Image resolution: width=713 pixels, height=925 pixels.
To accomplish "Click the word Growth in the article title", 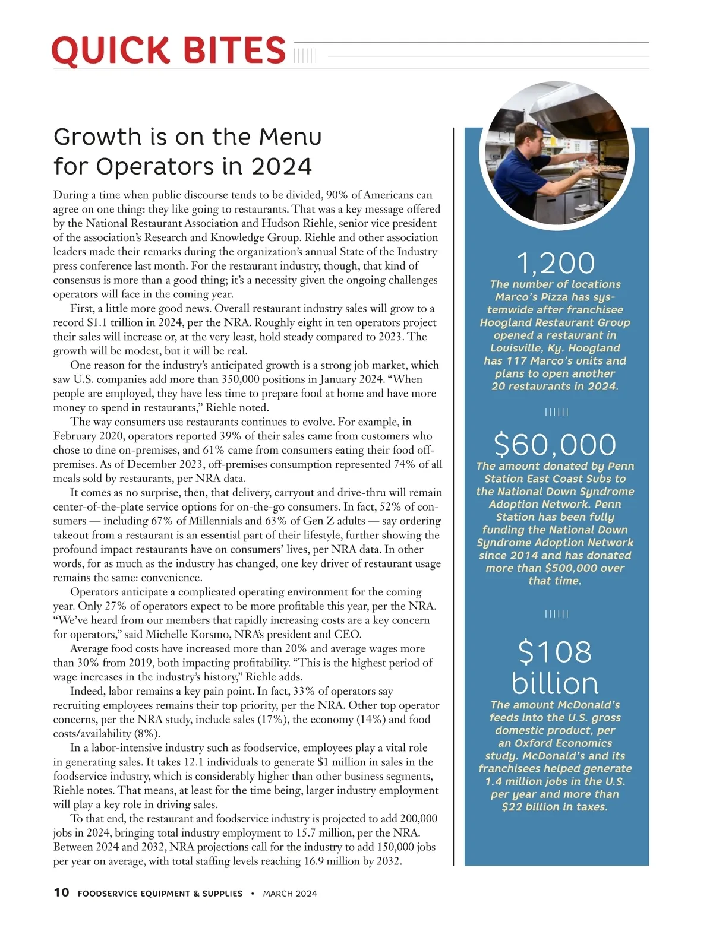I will [x=96, y=137].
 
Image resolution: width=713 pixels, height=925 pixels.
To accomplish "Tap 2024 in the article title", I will [x=282, y=166].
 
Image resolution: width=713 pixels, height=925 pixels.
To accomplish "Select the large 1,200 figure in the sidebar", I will [x=556, y=263].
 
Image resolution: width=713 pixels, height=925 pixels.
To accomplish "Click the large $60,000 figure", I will [x=556, y=445].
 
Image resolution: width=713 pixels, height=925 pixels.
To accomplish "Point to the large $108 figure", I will [x=555, y=651].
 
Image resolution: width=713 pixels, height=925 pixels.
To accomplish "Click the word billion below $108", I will [x=555, y=683].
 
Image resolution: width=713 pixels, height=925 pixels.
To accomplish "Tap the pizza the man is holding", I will [x=604, y=168].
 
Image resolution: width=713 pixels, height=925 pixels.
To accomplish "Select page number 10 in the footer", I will [x=61, y=892].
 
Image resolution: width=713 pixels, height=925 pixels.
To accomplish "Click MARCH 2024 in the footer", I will [x=290, y=893].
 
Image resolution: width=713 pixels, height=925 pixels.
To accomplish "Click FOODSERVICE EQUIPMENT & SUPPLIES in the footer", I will [x=160, y=893].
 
